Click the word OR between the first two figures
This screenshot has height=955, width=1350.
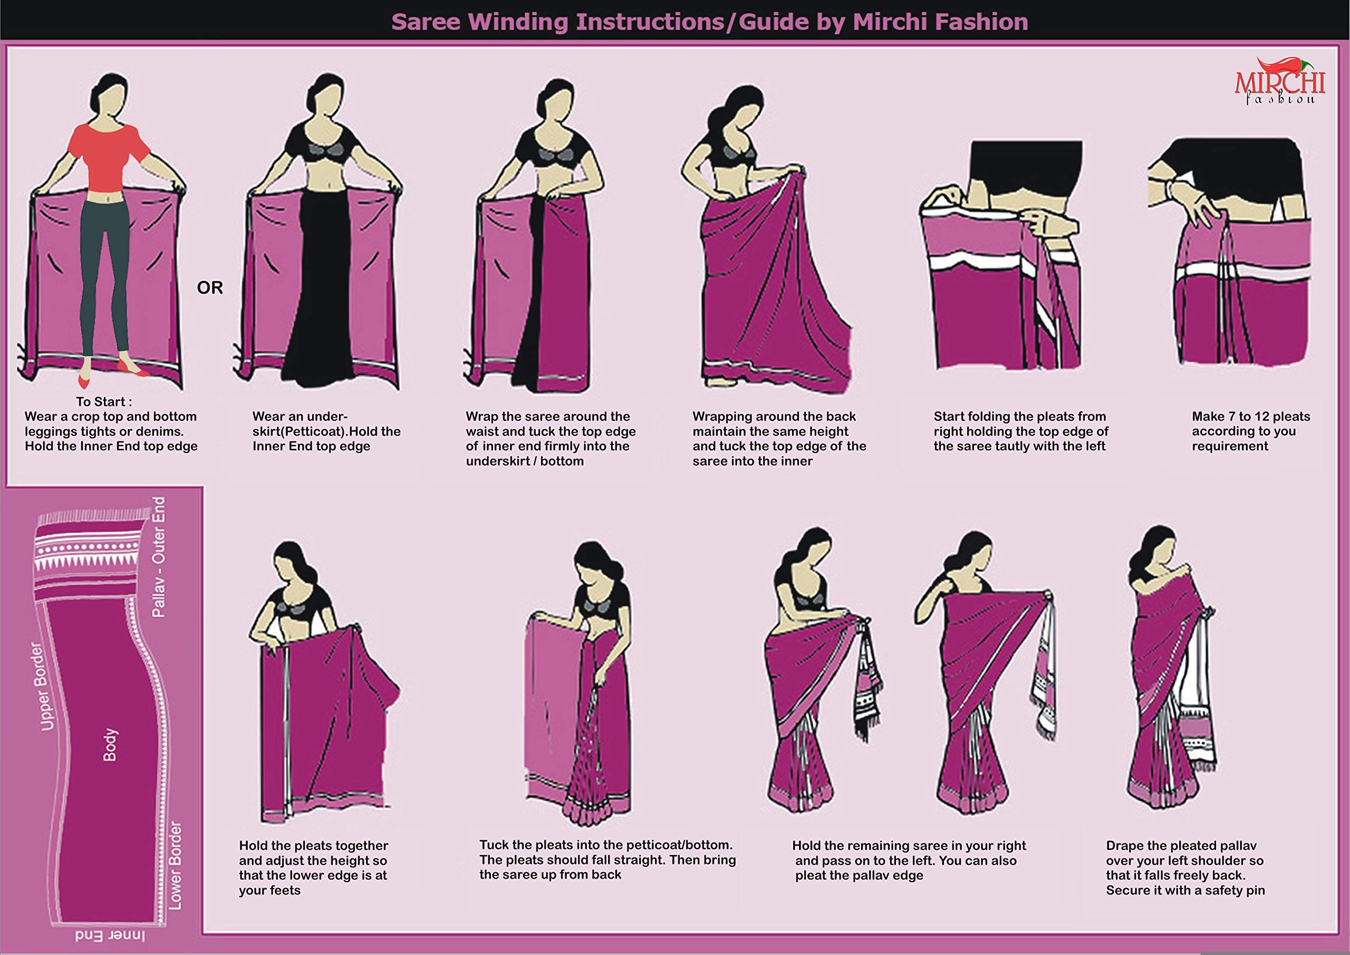210,287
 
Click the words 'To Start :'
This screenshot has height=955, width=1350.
104,402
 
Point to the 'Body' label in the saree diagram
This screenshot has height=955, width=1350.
111,745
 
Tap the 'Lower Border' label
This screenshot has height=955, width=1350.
175,865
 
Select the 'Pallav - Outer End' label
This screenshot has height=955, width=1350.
158,557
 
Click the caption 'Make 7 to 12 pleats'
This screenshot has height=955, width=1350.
1251,417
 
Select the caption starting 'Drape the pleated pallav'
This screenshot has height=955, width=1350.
1185,868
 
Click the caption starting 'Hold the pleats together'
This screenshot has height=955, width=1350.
313,868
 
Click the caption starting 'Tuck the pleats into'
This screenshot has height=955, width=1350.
607,860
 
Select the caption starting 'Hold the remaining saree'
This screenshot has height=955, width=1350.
909,860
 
